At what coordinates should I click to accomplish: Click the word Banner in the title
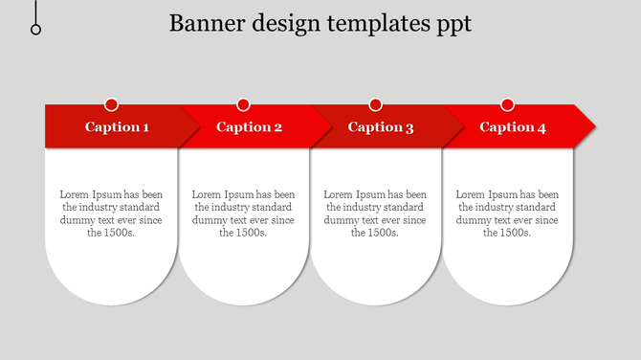[200, 23]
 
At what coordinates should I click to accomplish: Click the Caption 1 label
[117, 126]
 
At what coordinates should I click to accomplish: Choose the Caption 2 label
[249, 126]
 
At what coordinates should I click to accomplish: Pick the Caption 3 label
[381, 126]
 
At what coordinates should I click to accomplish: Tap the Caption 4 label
[513, 126]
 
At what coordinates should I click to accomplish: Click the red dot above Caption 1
[112, 104]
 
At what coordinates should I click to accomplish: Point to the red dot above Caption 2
[244, 104]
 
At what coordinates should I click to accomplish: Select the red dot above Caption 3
[376, 104]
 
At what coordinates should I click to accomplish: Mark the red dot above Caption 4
[508, 104]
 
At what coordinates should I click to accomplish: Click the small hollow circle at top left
[36, 30]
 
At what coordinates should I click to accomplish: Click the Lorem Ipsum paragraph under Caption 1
[111, 213]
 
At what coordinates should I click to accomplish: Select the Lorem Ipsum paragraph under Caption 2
[243, 213]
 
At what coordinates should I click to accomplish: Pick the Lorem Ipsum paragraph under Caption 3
[375, 213]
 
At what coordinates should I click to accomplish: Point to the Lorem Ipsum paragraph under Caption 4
[507, 213]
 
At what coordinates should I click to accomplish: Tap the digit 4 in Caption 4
[542, 126]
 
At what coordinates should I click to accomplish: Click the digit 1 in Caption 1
[145, 126]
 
